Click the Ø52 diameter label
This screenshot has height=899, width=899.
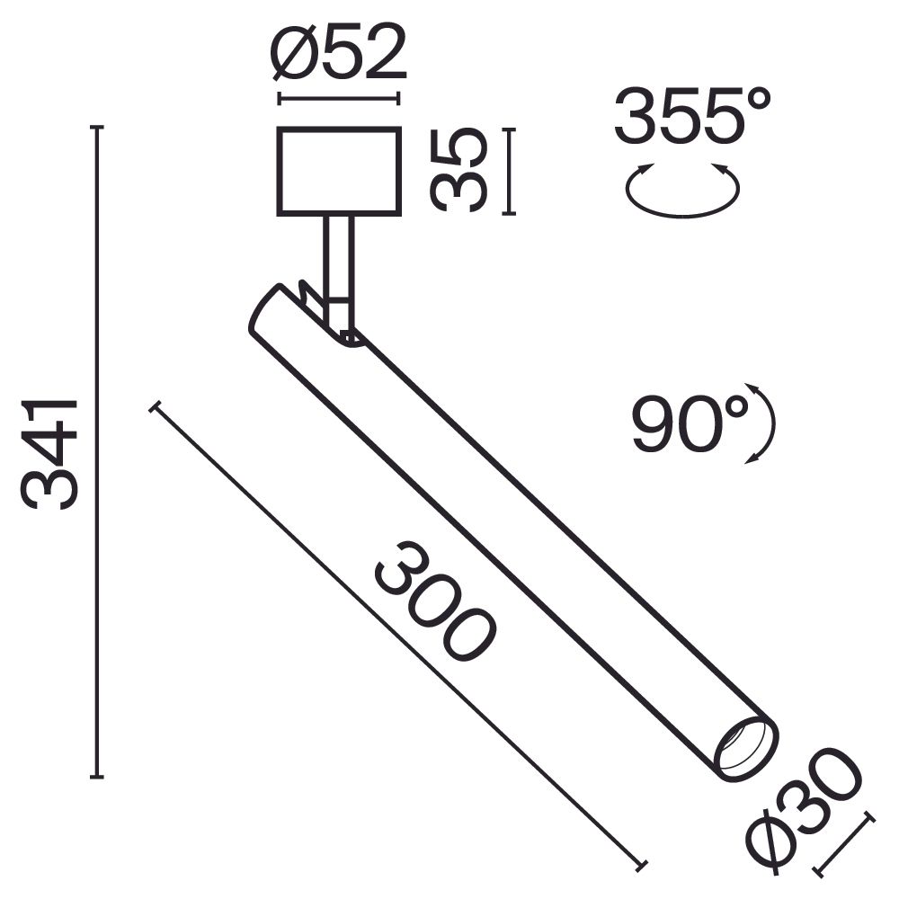pos(338,56)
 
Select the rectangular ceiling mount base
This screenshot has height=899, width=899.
pos(339,171)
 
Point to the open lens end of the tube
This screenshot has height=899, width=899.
pos(745,749)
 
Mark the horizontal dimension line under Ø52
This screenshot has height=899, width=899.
pos(339,99)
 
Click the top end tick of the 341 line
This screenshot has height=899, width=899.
pos(97,129)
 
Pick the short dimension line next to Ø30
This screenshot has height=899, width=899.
pos(843,843)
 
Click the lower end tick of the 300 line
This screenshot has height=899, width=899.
pos(640,865)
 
